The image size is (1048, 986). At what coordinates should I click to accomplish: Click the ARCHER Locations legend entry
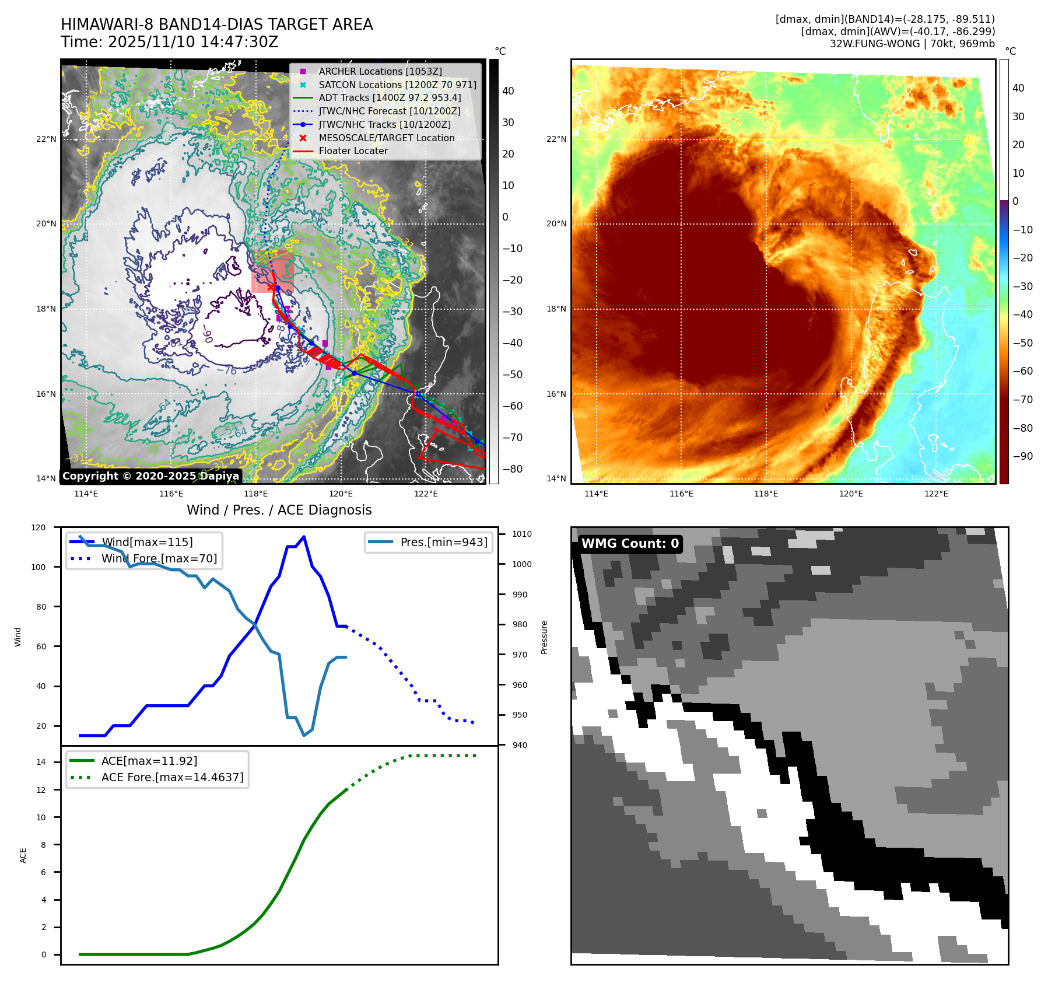[x=380, y=71]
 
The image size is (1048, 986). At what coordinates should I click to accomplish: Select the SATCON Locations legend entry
[x=397, y=85]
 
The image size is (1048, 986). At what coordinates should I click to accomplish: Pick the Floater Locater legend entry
[x=353, y=151]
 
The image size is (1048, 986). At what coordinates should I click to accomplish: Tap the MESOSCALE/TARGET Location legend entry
[x=386, y=138]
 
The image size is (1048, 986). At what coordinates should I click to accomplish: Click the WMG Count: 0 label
[x=630, y=544]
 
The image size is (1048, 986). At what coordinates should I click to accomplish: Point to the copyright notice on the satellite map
[x=150, y=476]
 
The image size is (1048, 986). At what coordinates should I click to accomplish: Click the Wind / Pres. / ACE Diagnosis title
[x=279, y=510]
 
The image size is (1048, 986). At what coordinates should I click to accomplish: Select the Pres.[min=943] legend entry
[x=443, y=542]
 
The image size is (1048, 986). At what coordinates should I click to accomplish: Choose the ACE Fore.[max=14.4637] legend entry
[x=172, y=777]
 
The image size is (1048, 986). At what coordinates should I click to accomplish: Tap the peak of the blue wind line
[x=304, y=537]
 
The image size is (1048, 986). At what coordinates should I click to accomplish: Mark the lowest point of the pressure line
[x=304, y=735]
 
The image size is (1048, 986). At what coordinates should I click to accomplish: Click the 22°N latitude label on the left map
[x=46, y=139]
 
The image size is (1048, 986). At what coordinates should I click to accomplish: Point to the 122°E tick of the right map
[x=936, y=494]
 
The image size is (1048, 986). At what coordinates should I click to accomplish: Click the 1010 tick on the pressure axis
[x=521, y=534]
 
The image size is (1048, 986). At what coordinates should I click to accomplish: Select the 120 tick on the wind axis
[x=38, y=527]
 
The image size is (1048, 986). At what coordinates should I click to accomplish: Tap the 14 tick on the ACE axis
[x=41, y=762]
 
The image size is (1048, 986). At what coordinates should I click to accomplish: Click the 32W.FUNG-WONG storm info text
[x=912, y=44]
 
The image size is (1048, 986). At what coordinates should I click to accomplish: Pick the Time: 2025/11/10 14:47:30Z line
[x=169, y=42]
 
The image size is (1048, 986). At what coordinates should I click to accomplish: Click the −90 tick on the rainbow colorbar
[x=1022, y=456]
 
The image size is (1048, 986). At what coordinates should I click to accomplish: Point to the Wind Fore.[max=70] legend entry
[x=159, y=558]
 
